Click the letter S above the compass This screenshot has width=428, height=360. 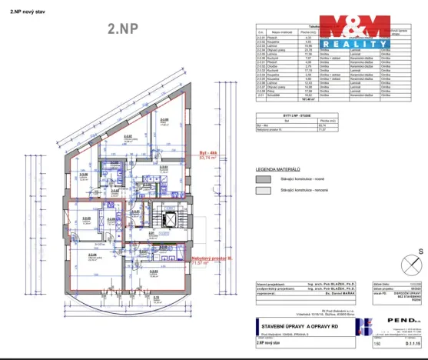point(420,251)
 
